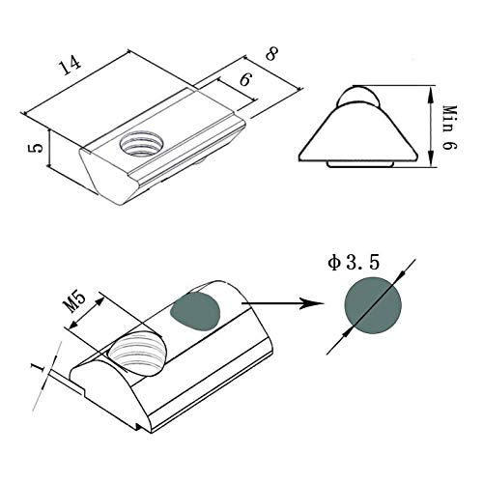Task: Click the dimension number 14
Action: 67,66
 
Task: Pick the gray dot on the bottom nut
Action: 196,311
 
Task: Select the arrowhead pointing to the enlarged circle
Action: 314,304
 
